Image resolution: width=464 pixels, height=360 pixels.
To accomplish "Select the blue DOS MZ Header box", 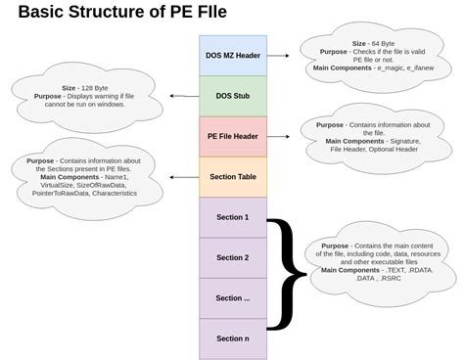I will (x=232, y=56).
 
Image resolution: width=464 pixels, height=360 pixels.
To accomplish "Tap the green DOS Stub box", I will (x=232, y=96).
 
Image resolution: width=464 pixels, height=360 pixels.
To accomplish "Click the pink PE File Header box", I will (x=232, y=136).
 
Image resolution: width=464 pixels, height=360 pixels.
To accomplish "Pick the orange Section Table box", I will (x=232, y=177).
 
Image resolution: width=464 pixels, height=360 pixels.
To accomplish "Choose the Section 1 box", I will (x=232, y=217).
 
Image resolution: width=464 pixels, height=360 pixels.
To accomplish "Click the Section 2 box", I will (x=232, y=257).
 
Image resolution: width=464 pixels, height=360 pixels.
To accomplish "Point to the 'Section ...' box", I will (x=232, y=297).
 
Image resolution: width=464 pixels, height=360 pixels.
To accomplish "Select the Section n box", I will (x=232, y=337).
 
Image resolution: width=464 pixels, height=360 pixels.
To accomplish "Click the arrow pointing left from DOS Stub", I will (x=181, y=96).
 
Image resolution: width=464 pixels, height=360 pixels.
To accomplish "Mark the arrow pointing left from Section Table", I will (x=182, y=177).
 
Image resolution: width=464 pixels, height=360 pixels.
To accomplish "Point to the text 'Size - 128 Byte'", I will (x=88, y=87).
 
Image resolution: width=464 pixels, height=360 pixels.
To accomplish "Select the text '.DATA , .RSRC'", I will (x=380, y=278).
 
